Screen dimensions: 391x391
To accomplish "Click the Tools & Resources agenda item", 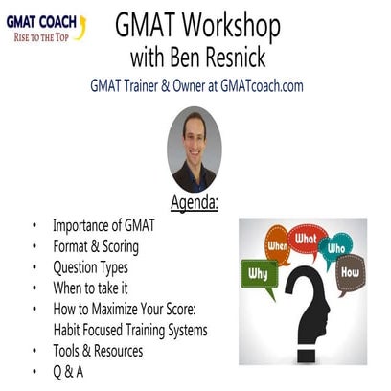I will [x=98, y=351].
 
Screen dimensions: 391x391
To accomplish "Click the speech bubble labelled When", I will [x=278, y=244].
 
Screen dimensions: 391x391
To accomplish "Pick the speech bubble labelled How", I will [x=349, y=270].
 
